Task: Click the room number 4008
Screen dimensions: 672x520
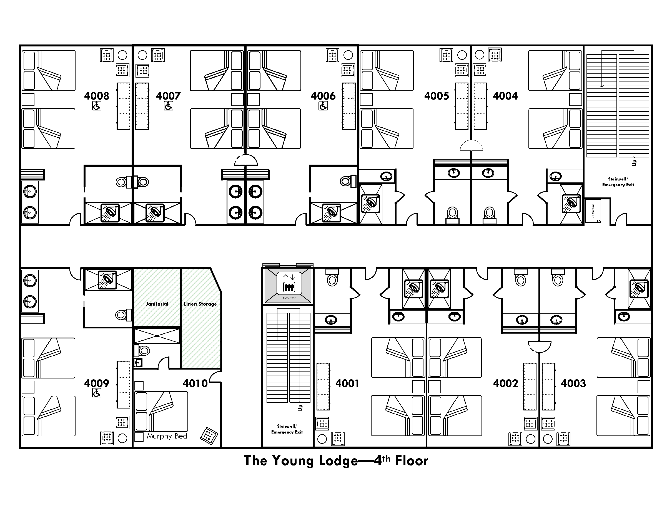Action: coord(97,96)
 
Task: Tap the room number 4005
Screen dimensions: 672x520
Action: coord(437,96)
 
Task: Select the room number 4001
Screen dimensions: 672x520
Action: coord(347,383)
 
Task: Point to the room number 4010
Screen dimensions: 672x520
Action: coord(195,383)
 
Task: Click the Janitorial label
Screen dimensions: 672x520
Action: coord(157,304)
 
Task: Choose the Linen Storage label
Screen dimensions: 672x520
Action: coord(200,304)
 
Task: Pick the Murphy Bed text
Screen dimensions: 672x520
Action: coord(167,436)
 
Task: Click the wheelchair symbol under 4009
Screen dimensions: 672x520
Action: coord(97,393)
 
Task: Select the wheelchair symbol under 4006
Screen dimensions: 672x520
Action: coord(323,106)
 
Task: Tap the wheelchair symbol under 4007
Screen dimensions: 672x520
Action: coord(169,106)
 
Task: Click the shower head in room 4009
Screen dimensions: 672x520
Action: coord(107,279)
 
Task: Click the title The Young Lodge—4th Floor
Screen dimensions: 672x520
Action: coord(336,461)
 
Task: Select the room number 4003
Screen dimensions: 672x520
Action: coord(573,383)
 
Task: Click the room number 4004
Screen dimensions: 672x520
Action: coord(505,96)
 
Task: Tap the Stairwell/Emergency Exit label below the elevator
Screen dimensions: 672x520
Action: coord(287,429)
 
